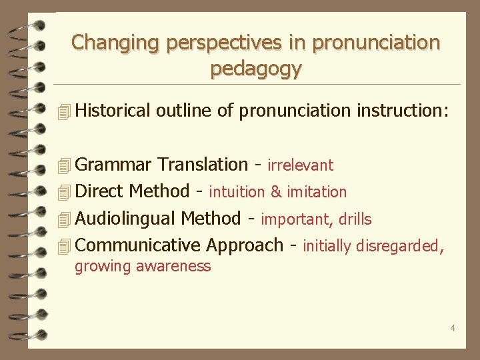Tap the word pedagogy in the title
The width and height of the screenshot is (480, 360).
[x=256, y=69]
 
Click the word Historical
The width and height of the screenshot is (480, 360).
[x=113, y=111]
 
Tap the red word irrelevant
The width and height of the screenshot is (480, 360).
[x=300, y=165]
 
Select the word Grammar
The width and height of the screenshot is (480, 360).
[x=115, y=165]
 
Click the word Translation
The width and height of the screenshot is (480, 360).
[x=203, y=165]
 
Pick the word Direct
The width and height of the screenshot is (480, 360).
[x=100, y=192]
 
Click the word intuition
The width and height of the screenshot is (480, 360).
[x=237, y=193]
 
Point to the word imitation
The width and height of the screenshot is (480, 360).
[x=317, y=193]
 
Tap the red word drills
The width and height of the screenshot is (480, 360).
[x=355, y=219]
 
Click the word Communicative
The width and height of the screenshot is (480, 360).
[x=138, y=246]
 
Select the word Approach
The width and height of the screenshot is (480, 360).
[x=245, y=246]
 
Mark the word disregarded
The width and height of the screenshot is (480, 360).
[x=398, y=247]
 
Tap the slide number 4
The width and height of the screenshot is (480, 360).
[x=453, y=328]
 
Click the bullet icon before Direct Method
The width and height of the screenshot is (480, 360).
[x=64, y=193]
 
